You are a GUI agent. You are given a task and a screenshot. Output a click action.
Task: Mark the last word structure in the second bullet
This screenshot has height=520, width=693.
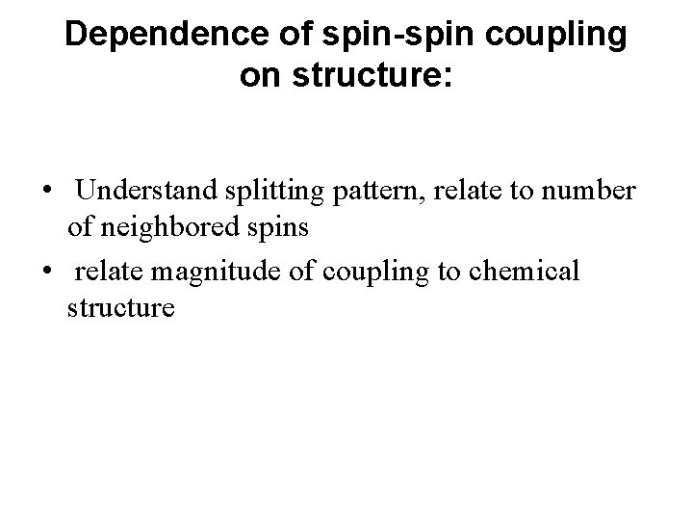click(121, 309)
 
